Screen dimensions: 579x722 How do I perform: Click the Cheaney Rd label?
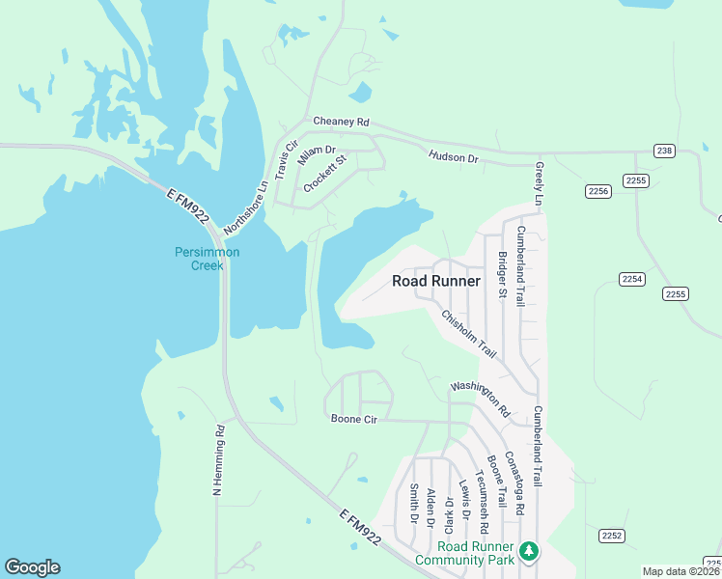coord(342,123)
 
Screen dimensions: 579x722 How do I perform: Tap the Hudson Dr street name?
coord(453,156)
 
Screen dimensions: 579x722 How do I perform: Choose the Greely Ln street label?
coord(540,181)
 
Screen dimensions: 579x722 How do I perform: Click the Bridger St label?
coord(502,274)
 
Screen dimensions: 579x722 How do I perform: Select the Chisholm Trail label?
coord(468,332)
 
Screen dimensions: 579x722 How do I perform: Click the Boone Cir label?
coord(353,419)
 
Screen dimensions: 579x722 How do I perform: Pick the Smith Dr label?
coord(413,504)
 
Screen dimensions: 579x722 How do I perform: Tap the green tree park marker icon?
coord(528,551)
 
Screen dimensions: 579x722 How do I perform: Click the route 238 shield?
coord(663,152)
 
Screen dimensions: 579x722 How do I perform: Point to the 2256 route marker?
coord(597,191)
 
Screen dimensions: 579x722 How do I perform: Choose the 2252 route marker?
coord(611,536)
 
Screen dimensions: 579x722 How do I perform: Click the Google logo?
coord(32,567)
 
